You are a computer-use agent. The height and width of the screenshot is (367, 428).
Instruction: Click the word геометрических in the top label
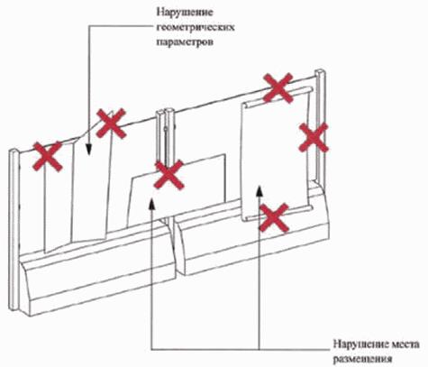coord(196,28)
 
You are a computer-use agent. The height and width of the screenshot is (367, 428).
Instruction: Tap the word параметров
coord(186,41)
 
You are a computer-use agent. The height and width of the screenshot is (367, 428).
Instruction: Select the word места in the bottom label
coord(404,344)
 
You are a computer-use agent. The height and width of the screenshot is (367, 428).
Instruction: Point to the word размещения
coord(363,359)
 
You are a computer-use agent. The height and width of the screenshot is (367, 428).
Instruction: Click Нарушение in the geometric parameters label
coord(185,13)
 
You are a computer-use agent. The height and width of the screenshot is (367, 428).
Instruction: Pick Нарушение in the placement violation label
coord(359,344)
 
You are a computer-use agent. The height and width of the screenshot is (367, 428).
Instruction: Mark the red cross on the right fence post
coord(314,137)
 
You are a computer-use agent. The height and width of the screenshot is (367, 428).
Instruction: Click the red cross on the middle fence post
coord(168,175)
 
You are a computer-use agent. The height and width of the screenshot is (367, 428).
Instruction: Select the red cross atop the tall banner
coord(278,87)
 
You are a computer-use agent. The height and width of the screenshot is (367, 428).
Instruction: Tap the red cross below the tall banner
coord(274,217)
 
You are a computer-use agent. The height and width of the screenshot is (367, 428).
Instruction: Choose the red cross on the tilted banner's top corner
coord(111,124)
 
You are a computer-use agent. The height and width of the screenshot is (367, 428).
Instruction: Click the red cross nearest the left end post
coord(48,157)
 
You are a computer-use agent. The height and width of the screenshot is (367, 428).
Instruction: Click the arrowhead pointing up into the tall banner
coord(260,191)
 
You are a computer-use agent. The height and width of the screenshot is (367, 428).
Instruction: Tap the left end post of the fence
coord(14,229)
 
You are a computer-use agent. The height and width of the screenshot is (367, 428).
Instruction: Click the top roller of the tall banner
coord(278,96)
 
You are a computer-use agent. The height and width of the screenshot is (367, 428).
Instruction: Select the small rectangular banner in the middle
coord(178,190)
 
